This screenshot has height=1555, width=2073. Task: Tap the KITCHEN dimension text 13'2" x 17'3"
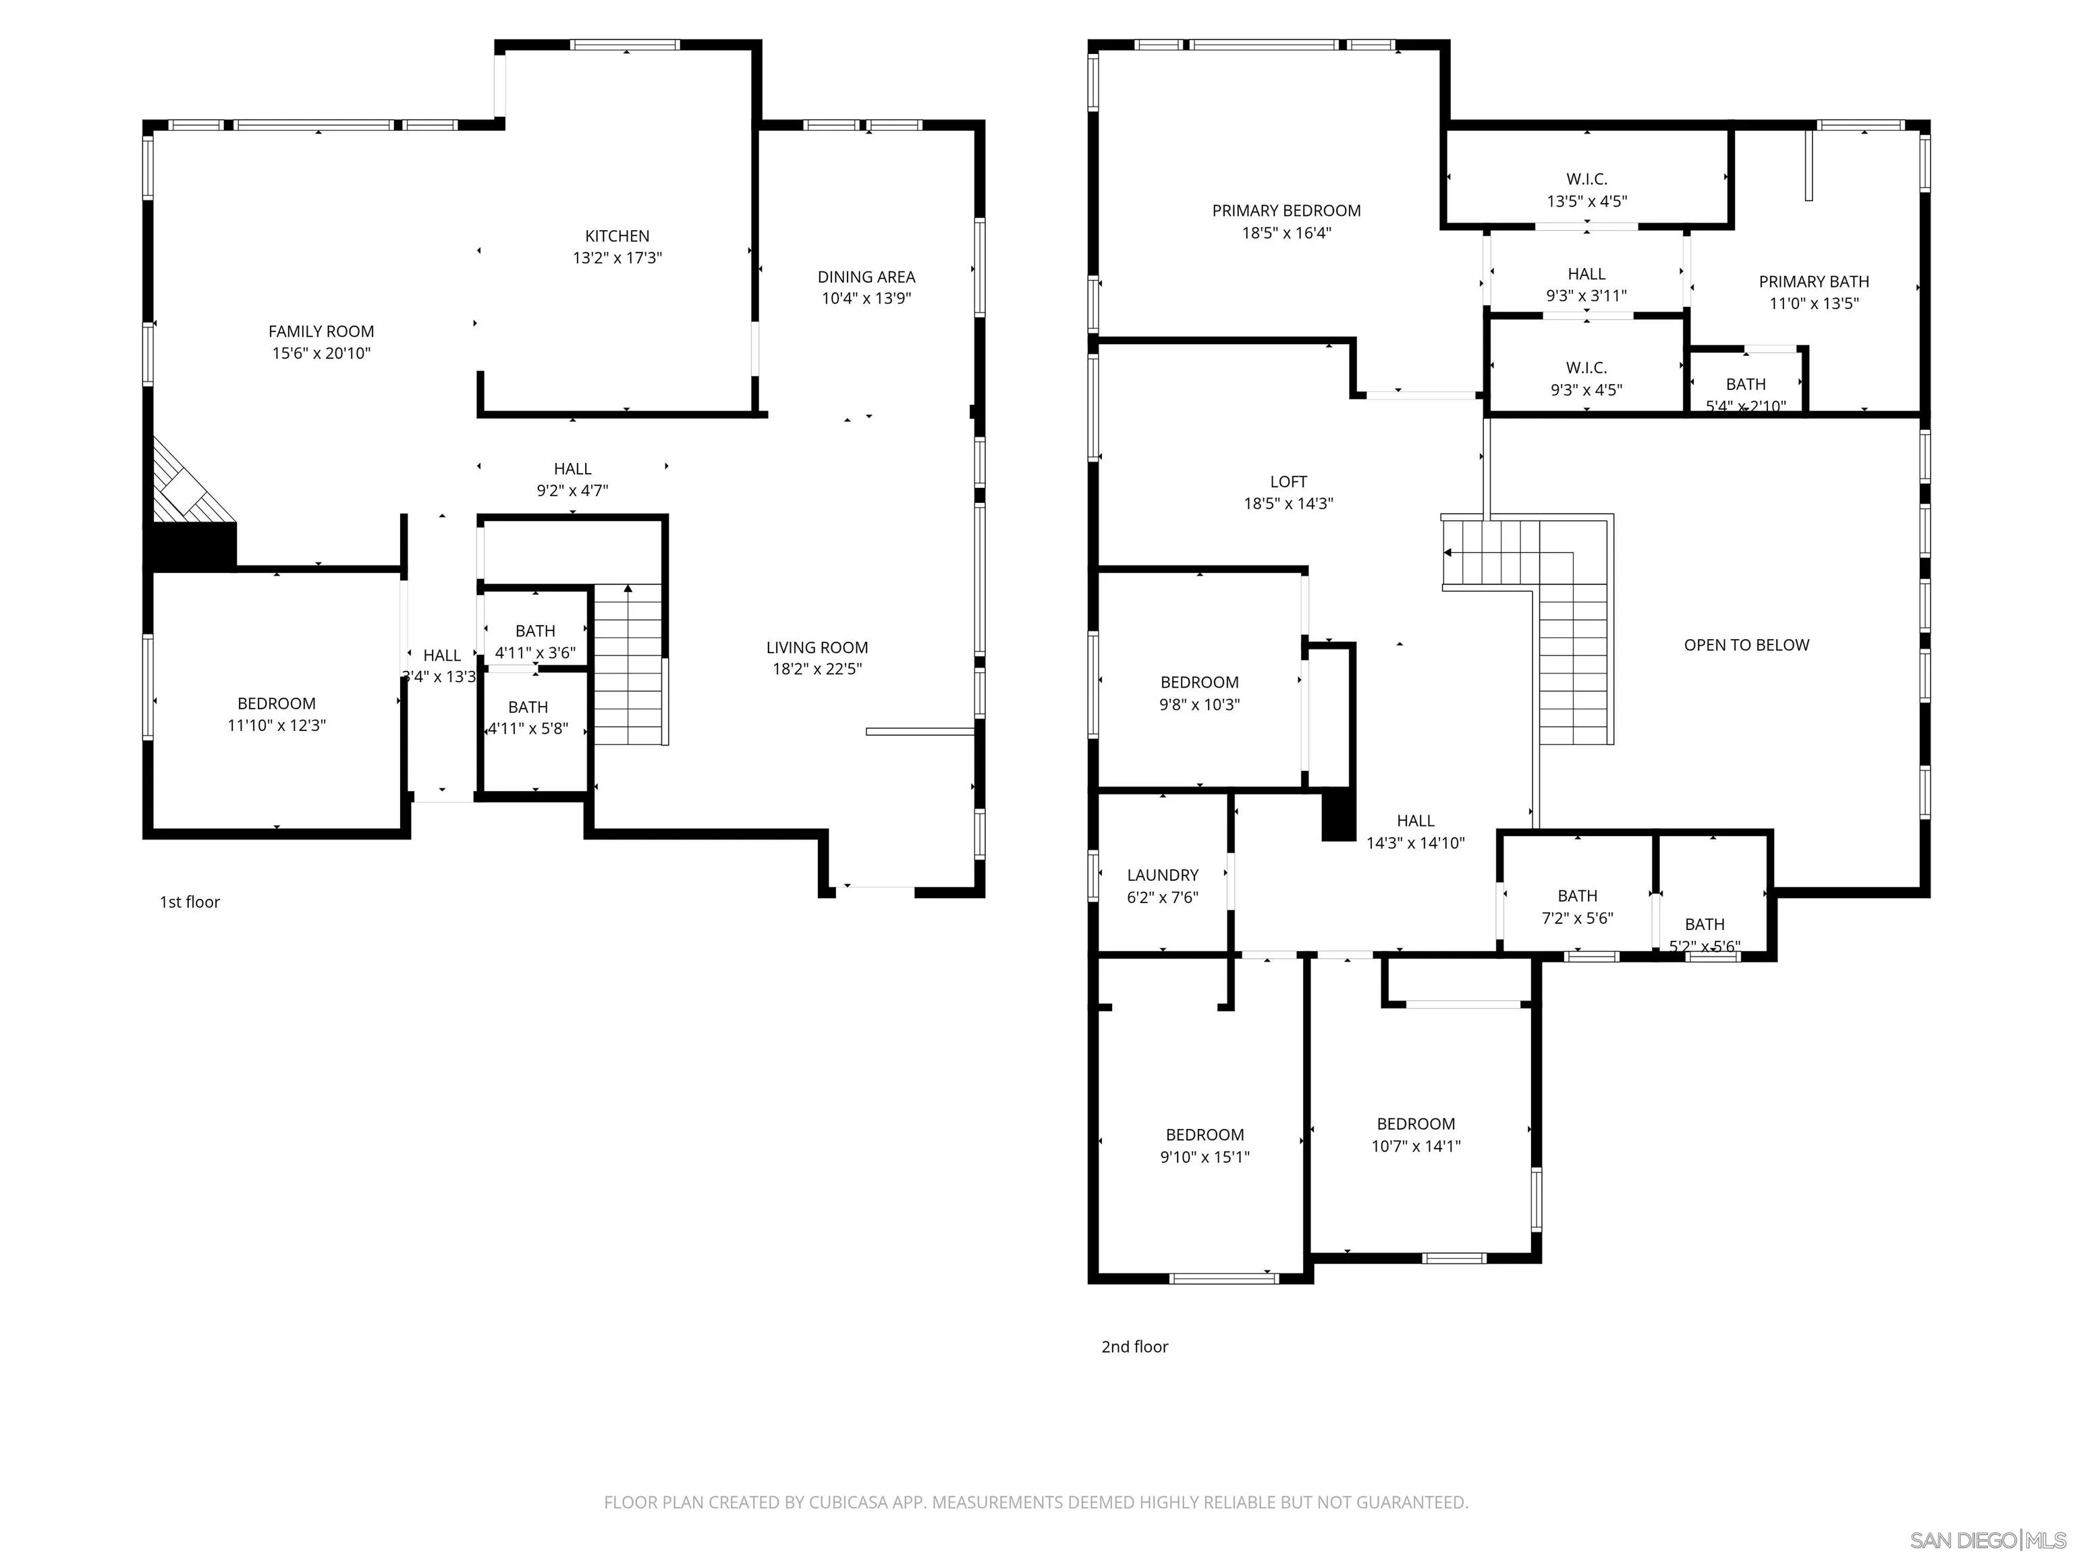[x=617, y=258]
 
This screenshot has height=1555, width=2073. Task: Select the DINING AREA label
[x=866, y=277]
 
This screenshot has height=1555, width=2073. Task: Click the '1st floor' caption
[x=190, y=902]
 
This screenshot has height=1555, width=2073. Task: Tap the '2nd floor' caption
[x=1134, y=1346]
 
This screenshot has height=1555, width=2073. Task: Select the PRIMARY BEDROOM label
[x=1286, y=211]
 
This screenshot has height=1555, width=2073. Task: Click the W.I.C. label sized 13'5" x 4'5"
[x=1586, y=179]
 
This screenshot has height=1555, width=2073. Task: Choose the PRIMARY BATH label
[x=1813, y=281]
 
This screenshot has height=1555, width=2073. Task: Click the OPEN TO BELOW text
[x=1746, y=645]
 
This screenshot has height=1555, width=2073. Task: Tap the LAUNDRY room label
[x=1162, y=875]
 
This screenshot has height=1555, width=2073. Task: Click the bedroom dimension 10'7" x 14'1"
[x=1415, y=1145]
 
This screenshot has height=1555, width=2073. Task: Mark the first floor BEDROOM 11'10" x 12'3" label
[x=277, y=704]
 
